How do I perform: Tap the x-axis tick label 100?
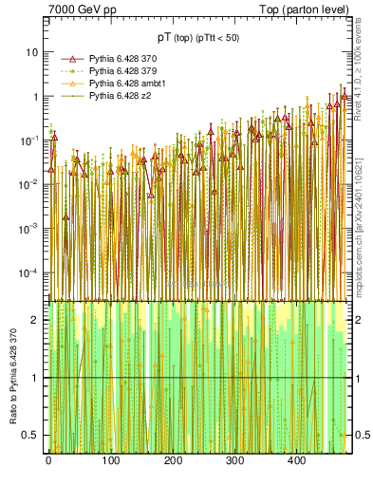point(110,461)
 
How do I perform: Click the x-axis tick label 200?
point(173,461)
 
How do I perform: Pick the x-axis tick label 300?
point(234,461)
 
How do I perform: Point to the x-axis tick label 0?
point(48,461)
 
